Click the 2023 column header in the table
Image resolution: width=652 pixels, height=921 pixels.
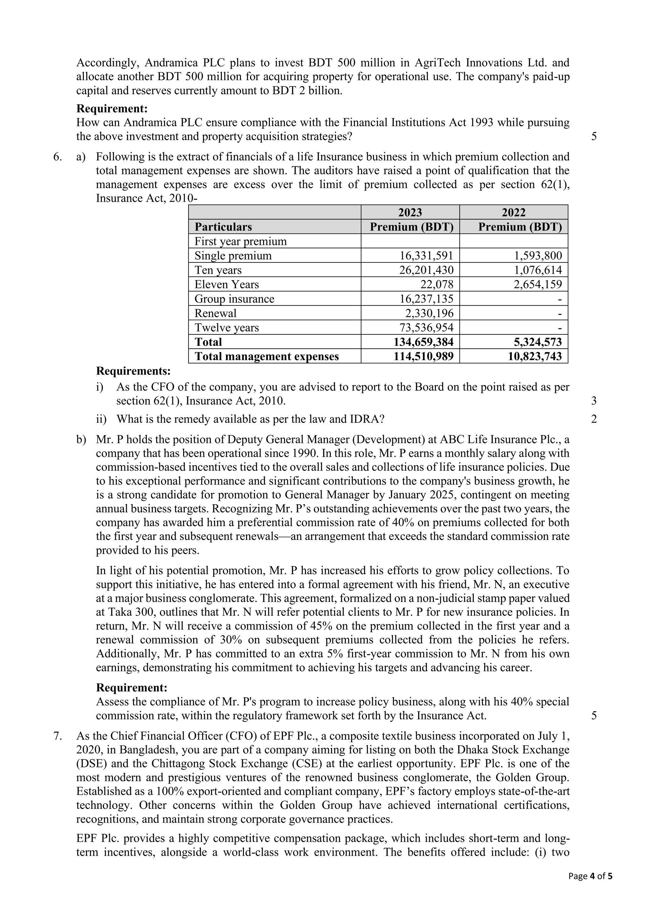[x=410, y=212]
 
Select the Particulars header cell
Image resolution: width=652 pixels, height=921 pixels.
[x=223, y=227]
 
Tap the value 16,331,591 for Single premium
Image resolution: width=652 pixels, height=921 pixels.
[x=426, y=255]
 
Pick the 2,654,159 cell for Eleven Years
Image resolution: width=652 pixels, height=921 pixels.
[x=538, y=284]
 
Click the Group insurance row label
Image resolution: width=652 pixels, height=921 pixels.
[x=234, y=299]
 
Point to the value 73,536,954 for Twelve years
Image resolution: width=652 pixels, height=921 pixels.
[x=426, y=328]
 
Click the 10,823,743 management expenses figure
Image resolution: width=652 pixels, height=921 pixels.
[x=535, y=357]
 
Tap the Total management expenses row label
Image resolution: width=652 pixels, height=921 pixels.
[x=266, y=357]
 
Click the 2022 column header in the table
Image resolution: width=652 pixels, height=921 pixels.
[x=514, y=212]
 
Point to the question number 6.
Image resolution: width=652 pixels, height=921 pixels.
[x=57, y=157]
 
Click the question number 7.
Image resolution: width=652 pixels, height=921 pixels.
[x=57, y=736]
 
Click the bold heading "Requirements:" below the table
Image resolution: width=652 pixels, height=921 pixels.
[x=133, y=371]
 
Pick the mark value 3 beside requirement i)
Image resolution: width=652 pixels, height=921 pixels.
[x=594, y=401]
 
